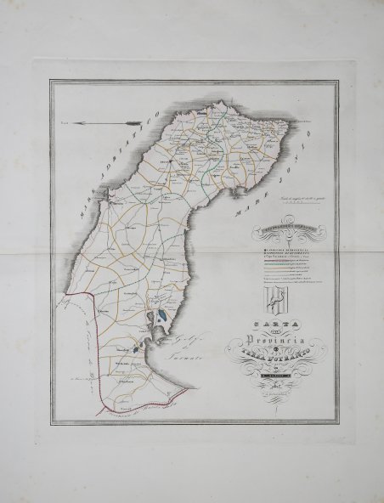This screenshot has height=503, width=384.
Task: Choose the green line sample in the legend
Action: point(280,264)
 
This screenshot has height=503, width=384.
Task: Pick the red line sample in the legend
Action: point(280,258)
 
